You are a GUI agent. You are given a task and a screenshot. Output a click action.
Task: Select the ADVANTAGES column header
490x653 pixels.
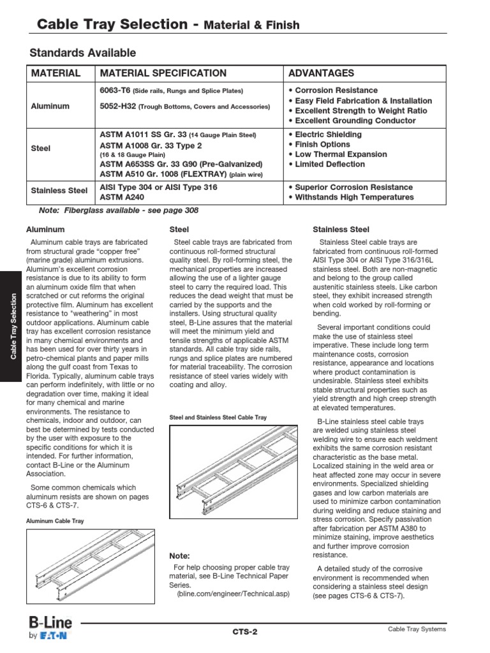(x=322, y=73)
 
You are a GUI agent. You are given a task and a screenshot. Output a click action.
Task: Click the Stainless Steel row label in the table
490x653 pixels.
(x=59, y=190)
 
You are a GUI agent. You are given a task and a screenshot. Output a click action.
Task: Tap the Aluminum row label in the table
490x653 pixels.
(x=50, y=106)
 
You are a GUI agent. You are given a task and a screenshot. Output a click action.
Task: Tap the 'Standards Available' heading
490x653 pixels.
(x=83, y=53)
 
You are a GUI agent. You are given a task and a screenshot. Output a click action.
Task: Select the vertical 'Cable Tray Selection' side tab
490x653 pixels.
(x=13, y=326)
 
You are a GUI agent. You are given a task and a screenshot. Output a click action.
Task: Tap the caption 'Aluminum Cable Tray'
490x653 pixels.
(x=54, y=521)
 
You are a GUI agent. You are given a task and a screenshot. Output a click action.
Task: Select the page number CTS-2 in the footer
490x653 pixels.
(x=245, y=631)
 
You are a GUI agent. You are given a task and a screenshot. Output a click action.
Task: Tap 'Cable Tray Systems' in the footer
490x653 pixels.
(x=417, y=629)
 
